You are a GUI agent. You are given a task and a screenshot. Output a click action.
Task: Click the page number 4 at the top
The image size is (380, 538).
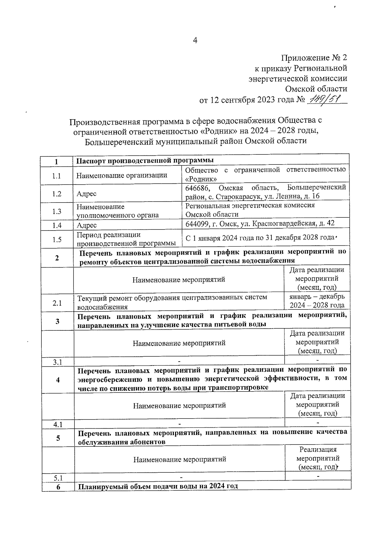point(195,40)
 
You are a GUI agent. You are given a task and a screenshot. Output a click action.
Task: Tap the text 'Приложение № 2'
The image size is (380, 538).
point(314,58)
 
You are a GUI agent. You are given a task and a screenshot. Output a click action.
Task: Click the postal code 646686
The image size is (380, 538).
point(197,188)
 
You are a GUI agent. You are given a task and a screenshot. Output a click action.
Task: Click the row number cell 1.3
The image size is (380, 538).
point(57,211)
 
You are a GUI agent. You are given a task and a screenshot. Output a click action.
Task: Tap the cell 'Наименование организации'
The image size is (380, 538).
point(122,175)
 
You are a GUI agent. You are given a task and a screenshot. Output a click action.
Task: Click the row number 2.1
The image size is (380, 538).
point(57,303)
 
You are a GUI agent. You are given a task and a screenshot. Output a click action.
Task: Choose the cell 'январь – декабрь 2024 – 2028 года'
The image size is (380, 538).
point(317,301)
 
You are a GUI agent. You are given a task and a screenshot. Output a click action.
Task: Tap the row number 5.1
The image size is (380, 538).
point(58,478)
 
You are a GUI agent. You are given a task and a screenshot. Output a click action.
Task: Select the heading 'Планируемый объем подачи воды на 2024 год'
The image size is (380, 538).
point(158,486)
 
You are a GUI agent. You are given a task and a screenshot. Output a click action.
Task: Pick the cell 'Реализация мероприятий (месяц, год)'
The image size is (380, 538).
point(318,458)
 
